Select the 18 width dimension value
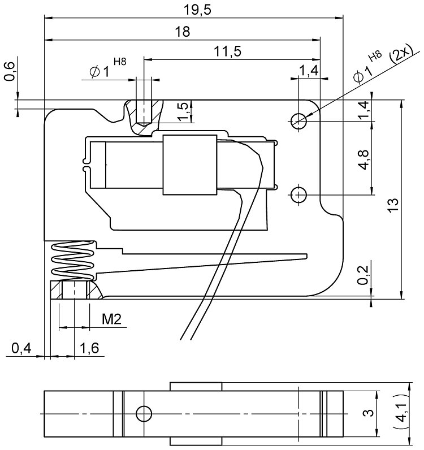coord(182,32)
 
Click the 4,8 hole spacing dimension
coord(364,160)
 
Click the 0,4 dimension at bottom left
coord(21,349)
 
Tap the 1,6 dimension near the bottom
coord(89,349)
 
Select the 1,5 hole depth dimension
coord(183,111)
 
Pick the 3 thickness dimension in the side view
coord(367,414)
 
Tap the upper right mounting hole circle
coord(298,120)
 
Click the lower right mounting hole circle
coord(298,194)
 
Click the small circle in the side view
coord(144,414)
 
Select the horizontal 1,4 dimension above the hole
coord(309,71)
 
